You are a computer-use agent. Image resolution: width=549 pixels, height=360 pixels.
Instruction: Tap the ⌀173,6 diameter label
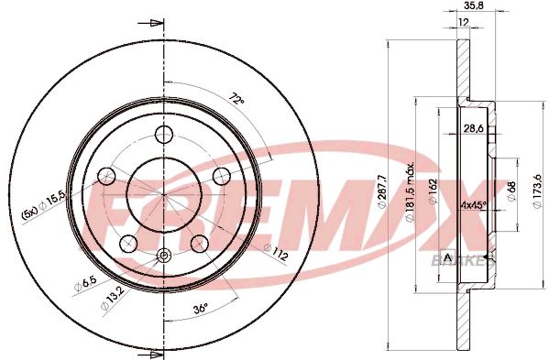[537, 192]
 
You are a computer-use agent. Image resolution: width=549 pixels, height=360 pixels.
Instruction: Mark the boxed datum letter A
[446, 256]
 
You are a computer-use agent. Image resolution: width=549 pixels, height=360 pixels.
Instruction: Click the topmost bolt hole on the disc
[164, 134]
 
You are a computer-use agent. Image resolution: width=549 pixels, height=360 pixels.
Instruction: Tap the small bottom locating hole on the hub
[164, 256]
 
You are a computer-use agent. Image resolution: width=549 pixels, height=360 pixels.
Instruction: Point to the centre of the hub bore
[164, 194]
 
